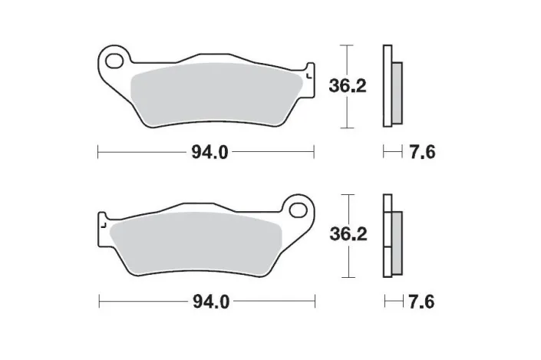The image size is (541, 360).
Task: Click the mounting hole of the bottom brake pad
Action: tap(295, 206)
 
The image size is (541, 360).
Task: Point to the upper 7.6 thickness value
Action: tap(424, 152)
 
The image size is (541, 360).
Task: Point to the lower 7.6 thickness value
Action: tap(424, 301)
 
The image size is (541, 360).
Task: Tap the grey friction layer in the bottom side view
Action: tap(397, 237)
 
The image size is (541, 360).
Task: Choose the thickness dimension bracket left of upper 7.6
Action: tap(393, 152)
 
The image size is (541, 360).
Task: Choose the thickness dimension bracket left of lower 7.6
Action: tap(393, 301)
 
